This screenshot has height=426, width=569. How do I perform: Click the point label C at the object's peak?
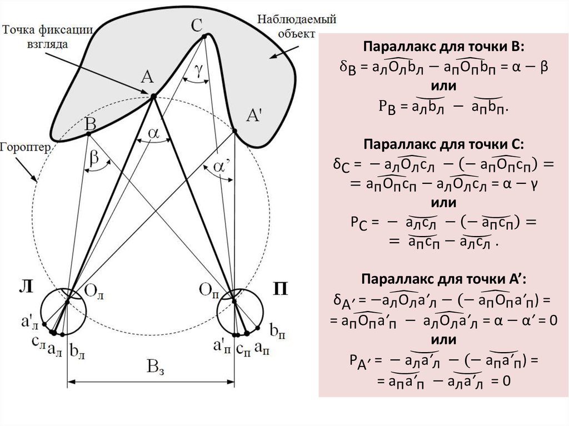click(x=196, y=24)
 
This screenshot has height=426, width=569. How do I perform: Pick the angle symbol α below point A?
click(x=154, y=133)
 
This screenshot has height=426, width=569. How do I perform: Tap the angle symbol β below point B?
click(x=94, y=160)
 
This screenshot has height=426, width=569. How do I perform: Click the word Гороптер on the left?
click(x=26, y=148)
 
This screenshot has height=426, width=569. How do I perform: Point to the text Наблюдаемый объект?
click(x=296, y=27)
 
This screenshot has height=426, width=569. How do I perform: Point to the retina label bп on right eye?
click(x=276, y=331)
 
